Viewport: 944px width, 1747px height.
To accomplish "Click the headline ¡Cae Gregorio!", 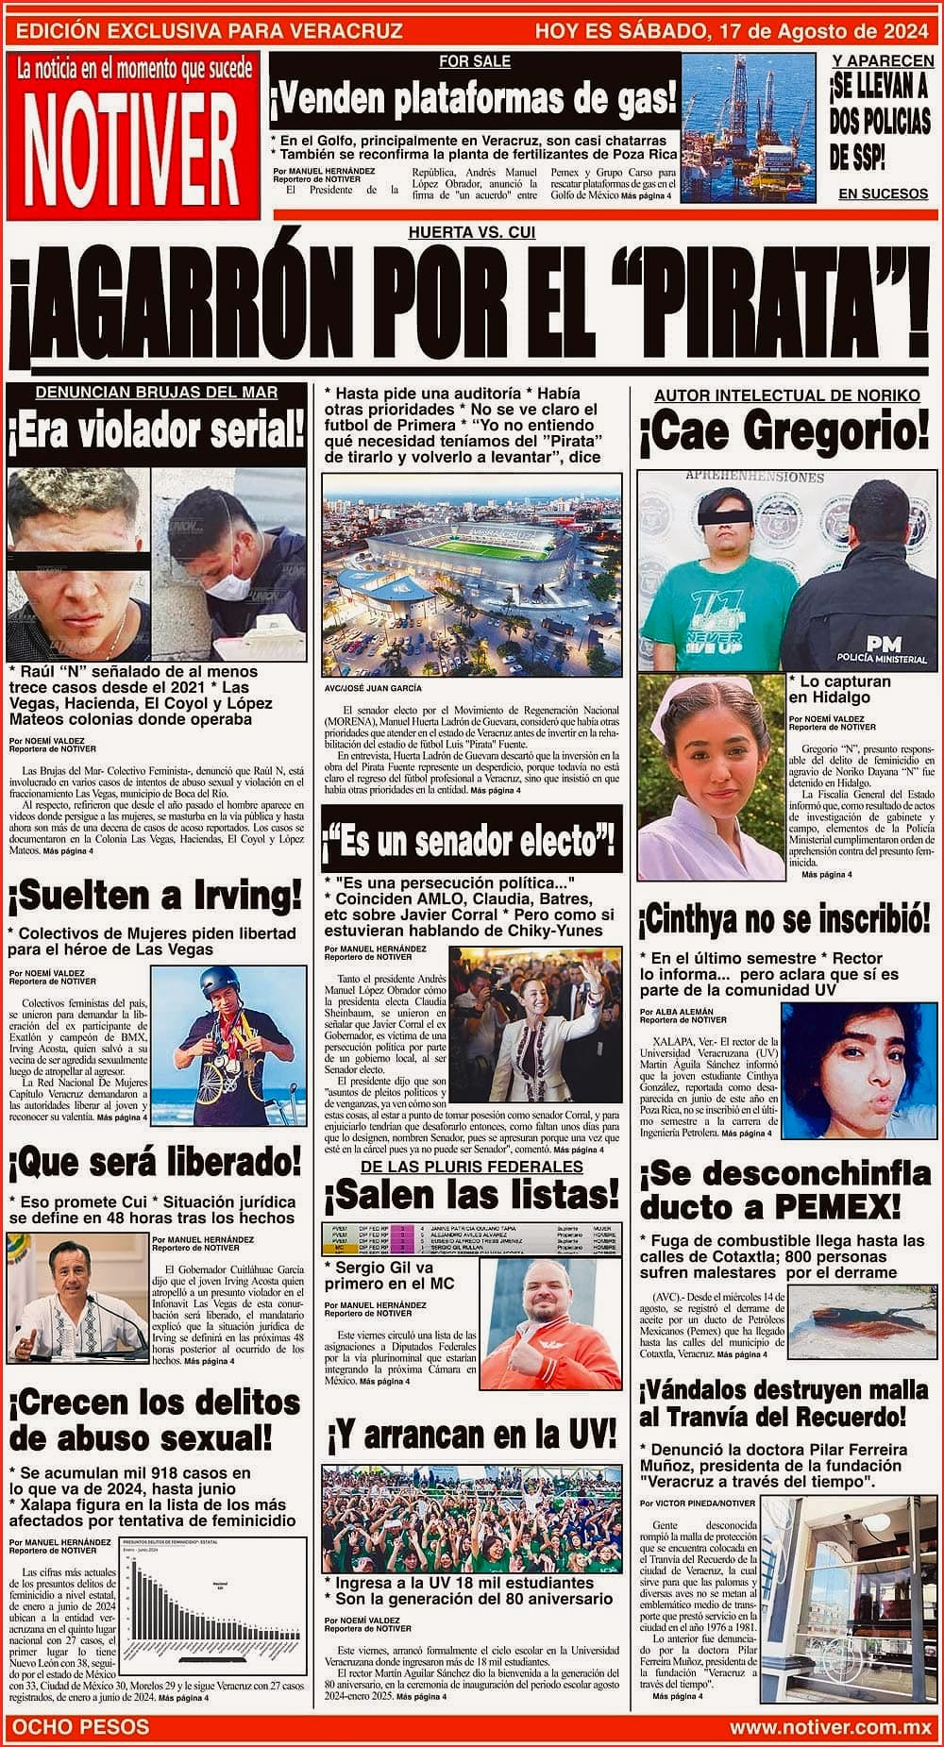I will (784, 433).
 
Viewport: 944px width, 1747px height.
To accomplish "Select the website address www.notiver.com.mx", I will (830, 1726).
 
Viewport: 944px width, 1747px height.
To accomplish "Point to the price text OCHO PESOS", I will (80, 1726).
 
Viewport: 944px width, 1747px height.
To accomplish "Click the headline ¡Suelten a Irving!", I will (154, 895).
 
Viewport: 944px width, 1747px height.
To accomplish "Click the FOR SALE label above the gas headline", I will (475, 61).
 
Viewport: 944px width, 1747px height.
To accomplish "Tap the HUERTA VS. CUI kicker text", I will (471, 232).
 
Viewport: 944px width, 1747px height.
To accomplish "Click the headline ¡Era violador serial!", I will (157, 432).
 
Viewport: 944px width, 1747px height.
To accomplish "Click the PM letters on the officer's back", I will (883, 643).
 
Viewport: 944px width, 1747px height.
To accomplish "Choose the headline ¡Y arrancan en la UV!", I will (471, 1436).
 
